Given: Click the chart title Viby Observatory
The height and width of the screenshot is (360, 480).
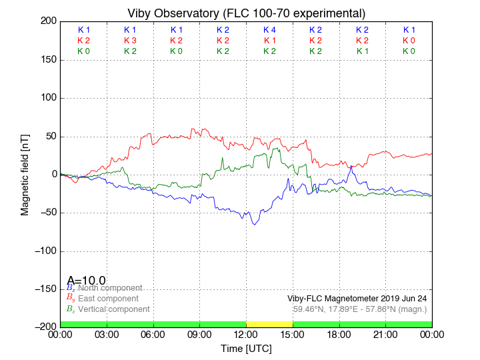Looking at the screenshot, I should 246,13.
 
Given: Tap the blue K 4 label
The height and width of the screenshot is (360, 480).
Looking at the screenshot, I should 269,30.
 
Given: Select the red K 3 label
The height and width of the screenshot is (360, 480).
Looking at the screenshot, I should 130,41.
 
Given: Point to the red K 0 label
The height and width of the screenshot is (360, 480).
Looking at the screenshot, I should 409,41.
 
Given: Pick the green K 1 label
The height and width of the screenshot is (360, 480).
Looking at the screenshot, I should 362,51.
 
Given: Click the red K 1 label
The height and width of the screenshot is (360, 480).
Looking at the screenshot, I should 269,41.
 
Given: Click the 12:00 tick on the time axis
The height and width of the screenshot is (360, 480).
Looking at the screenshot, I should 246,334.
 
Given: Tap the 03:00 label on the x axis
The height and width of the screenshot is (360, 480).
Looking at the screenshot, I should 107,334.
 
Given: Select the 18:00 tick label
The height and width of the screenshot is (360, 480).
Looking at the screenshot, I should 339,334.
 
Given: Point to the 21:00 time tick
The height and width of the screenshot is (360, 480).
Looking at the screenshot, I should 385,334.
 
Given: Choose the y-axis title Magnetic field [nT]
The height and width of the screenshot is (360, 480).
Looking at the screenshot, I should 25,173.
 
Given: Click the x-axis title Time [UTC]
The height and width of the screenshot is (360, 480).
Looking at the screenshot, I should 246,348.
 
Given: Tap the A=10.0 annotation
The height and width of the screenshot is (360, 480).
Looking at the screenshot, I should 86,281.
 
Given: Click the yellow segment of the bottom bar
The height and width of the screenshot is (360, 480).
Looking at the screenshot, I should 269,324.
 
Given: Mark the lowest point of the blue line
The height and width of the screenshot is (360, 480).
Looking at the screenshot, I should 254,225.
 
